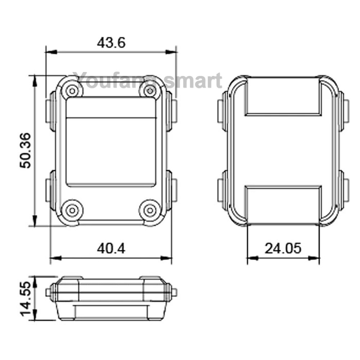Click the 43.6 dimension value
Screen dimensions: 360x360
pyautogui.click(x=111, y=43)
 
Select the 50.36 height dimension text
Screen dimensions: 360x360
pyautogui.click(x=25, y=150)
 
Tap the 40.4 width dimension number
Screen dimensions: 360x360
pyautogui.click(x=111, y=248)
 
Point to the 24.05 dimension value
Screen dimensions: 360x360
pyautogui.click(x=283, y=248)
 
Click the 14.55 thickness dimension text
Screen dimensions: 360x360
pyautogui.click(x=25, y=299)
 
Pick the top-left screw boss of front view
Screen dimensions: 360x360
pyautogui.click(x=72, y=91)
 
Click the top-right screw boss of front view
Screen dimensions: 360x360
pyautogui.click(x=150, y=91)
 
